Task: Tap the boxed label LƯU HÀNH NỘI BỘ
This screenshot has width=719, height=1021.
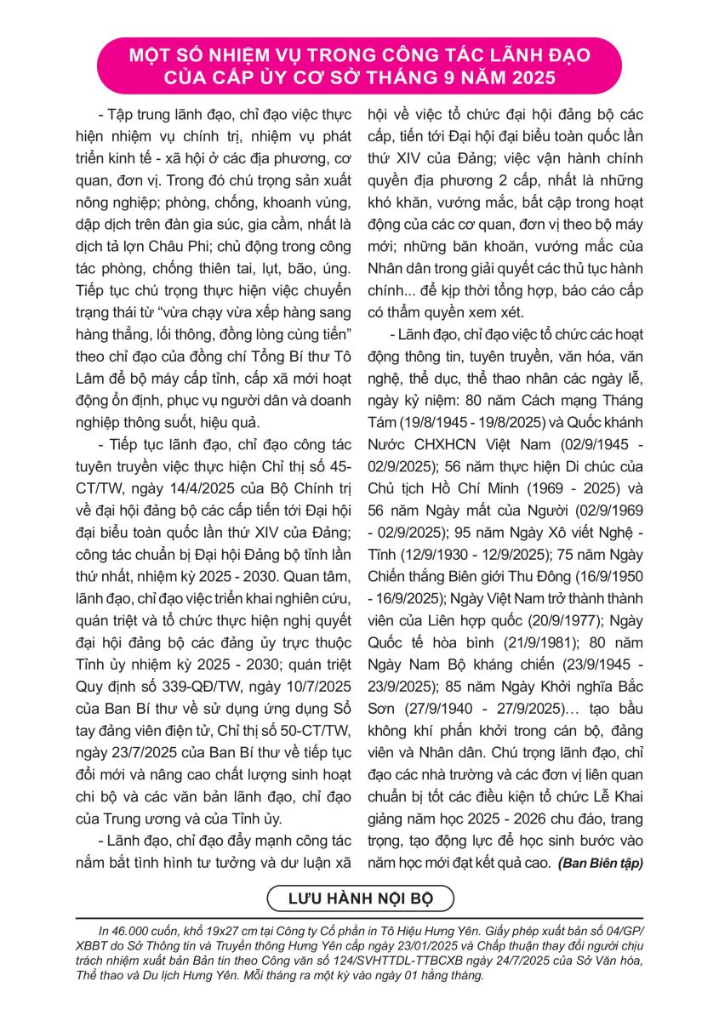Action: (360, 898)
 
